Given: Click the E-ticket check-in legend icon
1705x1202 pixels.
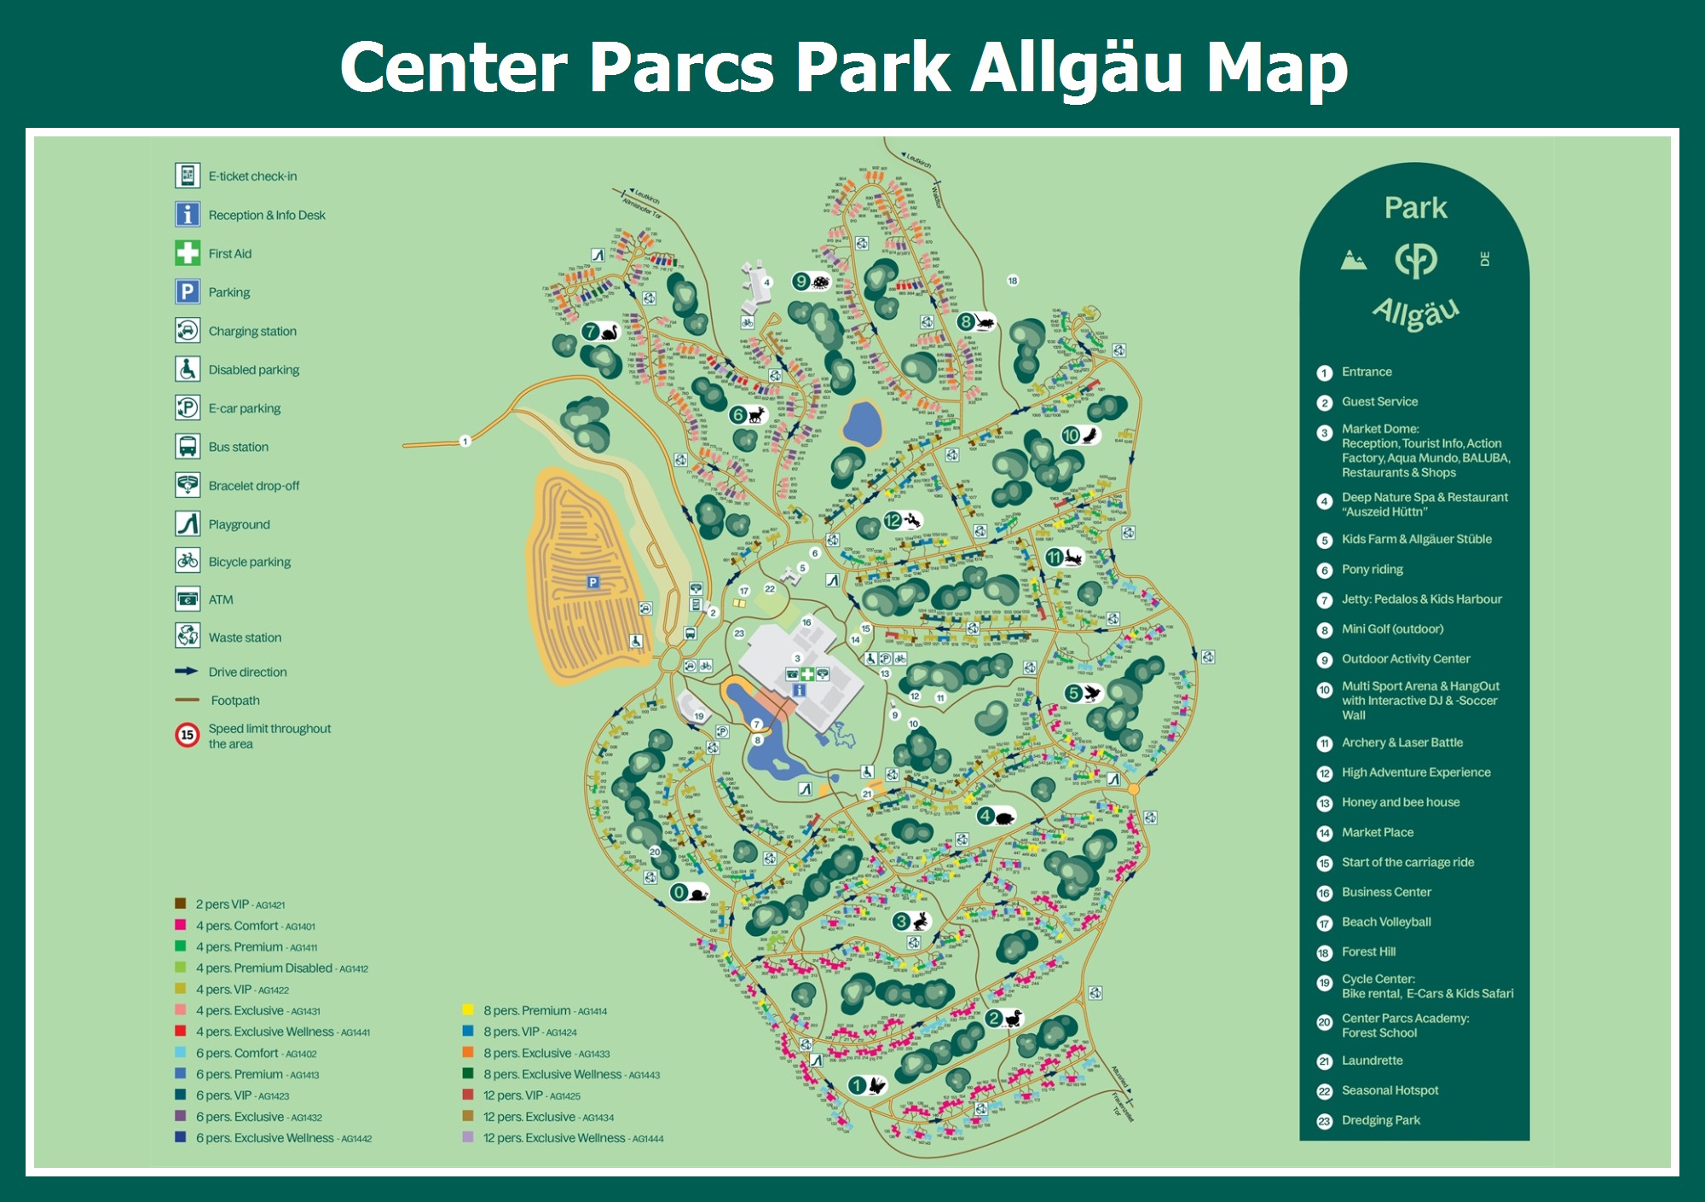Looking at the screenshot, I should click(188, 176).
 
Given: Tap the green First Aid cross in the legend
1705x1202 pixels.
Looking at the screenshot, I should click(188, 253).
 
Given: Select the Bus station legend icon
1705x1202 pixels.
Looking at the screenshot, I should click(188, 446).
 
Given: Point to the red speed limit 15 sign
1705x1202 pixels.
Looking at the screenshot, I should click(188, 735).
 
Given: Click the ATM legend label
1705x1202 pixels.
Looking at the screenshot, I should click(221, 599).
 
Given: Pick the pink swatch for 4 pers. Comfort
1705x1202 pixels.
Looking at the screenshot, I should click(181, 925).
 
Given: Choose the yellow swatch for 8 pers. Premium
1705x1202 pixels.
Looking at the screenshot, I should click(468, 1010).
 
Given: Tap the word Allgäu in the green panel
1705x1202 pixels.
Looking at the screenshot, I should click(1415, 314).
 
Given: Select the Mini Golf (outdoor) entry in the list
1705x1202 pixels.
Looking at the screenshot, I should click(1392, 629).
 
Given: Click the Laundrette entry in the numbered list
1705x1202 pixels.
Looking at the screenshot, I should click(1372, 1060).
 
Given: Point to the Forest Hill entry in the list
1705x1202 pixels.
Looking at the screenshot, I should click(1368, 951).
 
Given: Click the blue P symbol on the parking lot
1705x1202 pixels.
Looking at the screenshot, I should click(593, 582).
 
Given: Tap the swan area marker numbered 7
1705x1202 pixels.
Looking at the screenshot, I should click(600, 332).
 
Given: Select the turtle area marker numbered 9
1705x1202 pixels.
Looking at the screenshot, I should click(811, 281).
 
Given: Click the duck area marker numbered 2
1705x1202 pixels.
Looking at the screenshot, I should click(1003, 1019).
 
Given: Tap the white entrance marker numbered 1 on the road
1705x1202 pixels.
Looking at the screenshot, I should click(465, 441).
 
